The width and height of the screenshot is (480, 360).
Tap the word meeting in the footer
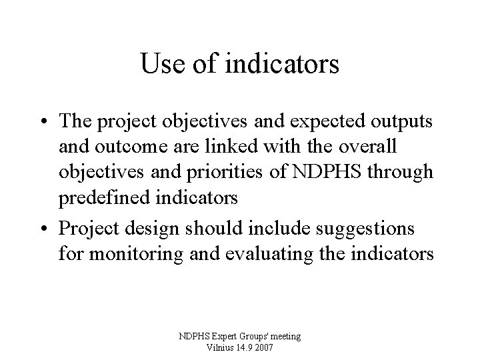tap(284, 337)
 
